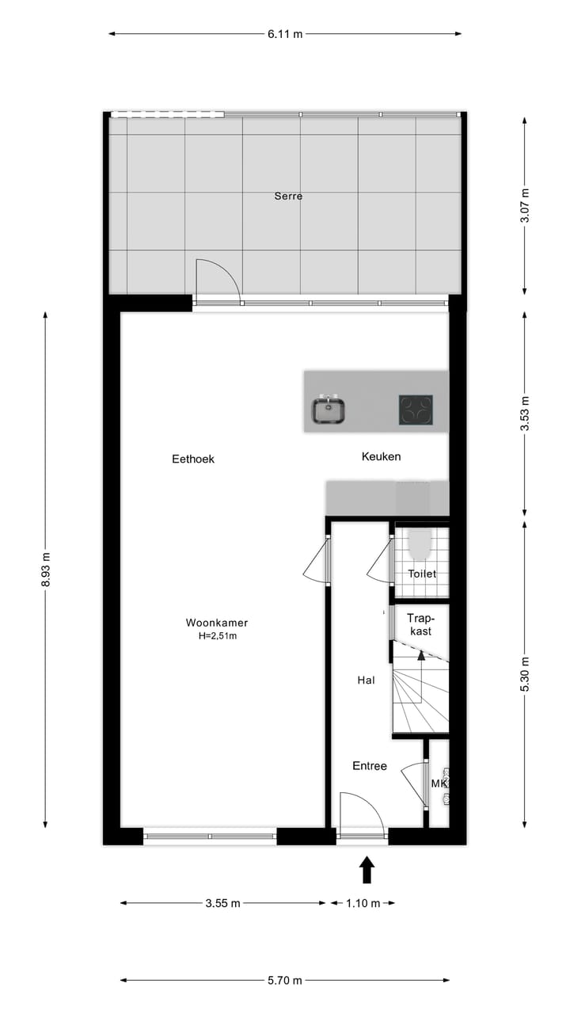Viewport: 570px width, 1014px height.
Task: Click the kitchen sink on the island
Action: coord(328,410)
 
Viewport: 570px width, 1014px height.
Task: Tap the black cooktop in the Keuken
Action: coord(416,410)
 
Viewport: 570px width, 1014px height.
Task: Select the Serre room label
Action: coord(288,196)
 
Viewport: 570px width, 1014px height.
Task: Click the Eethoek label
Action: coord(193,459)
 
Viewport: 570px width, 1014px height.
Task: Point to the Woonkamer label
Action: coord(217,623)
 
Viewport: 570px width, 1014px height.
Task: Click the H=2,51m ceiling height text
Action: coord(217,635)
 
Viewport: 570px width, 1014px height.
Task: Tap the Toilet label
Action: coord(422,574)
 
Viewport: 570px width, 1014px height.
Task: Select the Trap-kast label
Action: coord(420,624)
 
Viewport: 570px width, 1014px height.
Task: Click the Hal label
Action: coord(366,680)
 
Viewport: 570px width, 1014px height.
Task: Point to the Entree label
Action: coord(370,766)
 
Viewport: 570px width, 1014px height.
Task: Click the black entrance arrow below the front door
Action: coord(367,870)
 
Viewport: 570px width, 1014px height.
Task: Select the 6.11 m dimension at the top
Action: coord(285,34)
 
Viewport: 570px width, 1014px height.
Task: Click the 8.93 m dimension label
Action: coord(45,570)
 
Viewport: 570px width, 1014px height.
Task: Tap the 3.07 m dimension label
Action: coord(525,205)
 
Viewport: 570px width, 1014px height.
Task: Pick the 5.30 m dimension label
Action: coord(525,674)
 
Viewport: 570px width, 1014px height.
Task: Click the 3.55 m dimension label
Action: coord(222,903)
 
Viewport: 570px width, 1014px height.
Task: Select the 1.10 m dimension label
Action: coord(363,903)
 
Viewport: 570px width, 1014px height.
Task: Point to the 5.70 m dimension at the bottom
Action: coord(285,980)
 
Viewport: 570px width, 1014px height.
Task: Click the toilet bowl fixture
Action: coord(420,543)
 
